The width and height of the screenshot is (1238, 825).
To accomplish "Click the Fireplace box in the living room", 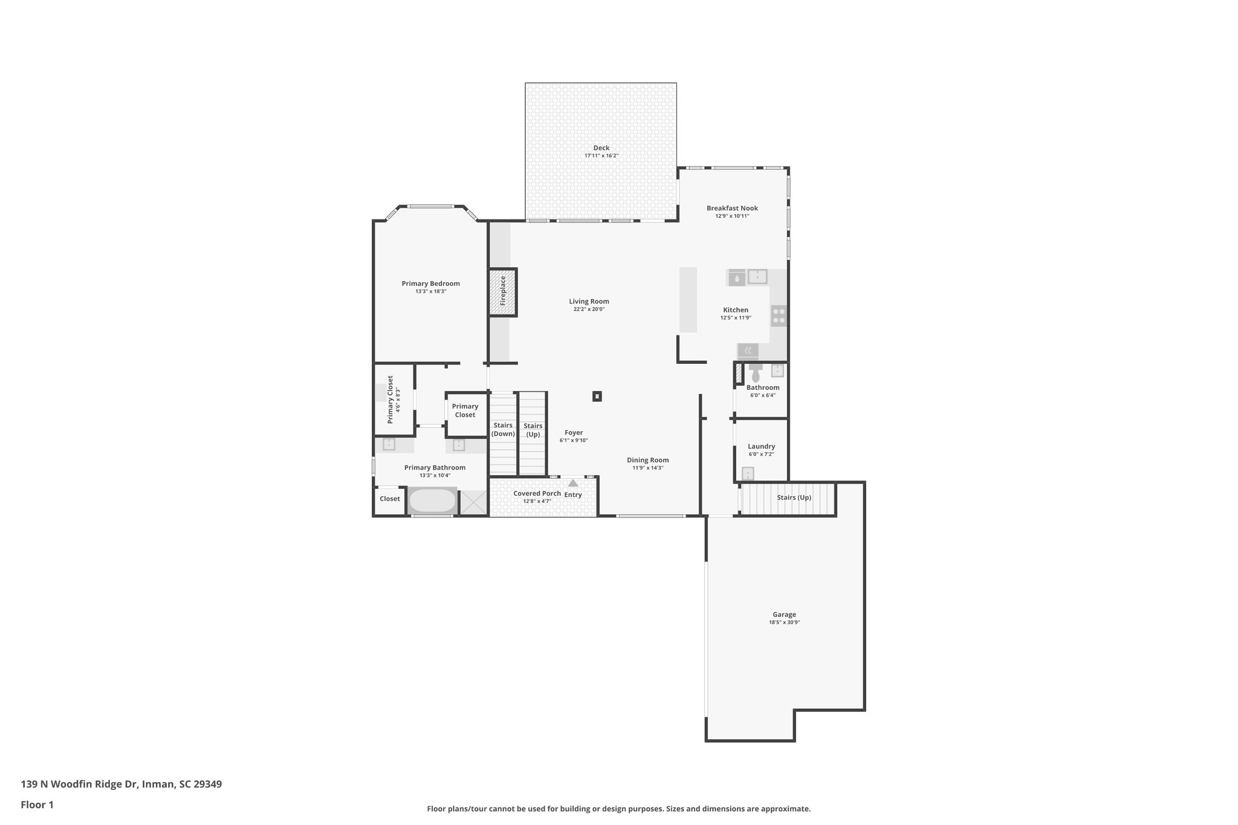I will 502,292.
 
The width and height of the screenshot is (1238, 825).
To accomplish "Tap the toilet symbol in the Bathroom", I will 756,375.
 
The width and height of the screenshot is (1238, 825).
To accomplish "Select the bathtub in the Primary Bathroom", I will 432,500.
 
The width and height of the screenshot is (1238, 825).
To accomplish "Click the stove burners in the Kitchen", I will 779,315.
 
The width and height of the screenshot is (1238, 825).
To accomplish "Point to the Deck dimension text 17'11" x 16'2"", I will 601,156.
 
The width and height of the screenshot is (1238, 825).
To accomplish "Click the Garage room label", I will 784,615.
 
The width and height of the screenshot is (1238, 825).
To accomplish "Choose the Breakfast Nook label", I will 732,208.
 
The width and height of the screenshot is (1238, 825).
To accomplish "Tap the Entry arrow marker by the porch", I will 573,483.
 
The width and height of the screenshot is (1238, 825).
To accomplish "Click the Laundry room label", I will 761,447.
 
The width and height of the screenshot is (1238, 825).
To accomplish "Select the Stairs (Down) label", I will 503,429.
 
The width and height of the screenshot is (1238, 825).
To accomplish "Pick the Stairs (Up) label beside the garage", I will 794,497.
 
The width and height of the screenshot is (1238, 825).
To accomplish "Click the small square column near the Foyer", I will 597,396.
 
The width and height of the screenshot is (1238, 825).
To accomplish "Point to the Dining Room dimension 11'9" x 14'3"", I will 647,468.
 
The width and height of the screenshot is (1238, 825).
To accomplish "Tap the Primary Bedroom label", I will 430,283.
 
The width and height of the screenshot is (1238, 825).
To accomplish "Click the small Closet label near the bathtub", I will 389,499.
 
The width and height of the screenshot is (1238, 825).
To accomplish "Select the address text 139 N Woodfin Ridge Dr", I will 121,785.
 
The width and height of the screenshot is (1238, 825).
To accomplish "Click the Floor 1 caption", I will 37,804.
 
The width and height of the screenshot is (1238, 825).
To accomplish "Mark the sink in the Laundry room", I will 748,473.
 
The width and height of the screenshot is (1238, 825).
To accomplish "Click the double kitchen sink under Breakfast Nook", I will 757,277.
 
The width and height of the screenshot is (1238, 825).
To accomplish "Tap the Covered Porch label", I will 537,493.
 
